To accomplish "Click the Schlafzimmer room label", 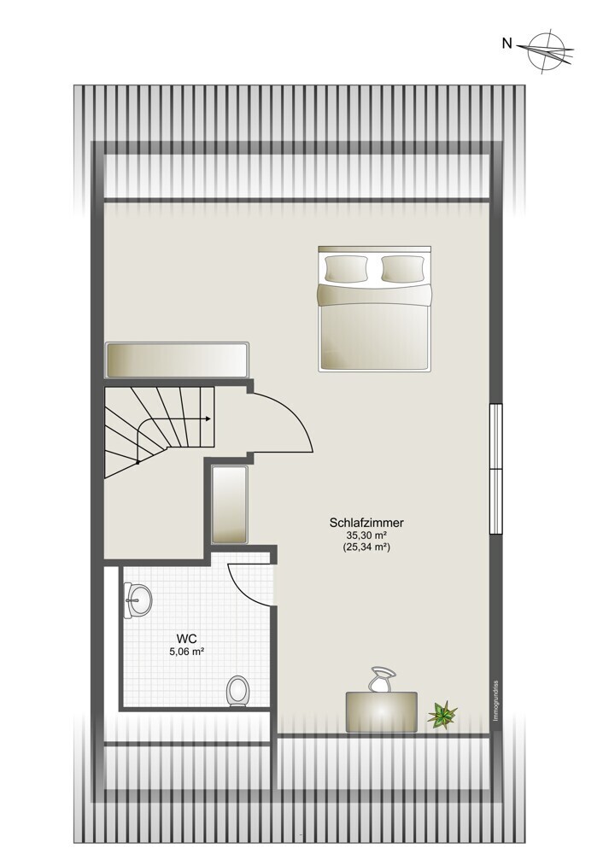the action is (366, 524).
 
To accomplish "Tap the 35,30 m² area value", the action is (366, 535).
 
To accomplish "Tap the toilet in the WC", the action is (237, 691).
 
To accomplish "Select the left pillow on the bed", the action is (346, 268).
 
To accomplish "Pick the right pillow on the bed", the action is (402, 268).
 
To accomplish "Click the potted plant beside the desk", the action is (442, 715).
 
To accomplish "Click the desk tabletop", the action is (381, 712).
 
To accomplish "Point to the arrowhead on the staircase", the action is (208, 418).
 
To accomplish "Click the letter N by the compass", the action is (507, 44).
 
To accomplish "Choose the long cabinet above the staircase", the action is (178, 360).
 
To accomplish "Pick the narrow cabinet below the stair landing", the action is (229, 505).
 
